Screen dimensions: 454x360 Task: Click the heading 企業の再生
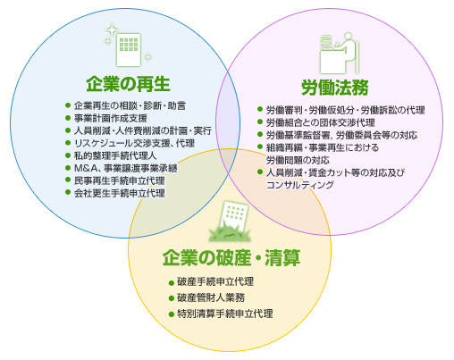click(128, 84)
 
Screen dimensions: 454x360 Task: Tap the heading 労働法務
click(335, 88)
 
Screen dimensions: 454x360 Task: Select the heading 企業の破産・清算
click(231, 258)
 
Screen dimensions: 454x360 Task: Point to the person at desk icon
click(340, 53)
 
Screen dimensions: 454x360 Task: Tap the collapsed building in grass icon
click(230, 222)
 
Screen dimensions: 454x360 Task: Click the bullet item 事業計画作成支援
click(110, 118)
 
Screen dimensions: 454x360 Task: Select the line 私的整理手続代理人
click(115, 155)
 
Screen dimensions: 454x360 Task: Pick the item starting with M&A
click(125, 168)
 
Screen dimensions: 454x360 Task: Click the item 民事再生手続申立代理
click(119, 180)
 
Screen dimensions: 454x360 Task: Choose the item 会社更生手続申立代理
click(119, 193)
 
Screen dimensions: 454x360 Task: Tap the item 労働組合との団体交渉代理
click(320, 122)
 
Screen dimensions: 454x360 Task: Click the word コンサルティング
click(299, 185)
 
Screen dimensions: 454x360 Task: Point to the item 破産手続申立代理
click(215, 281)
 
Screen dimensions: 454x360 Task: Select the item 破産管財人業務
click(211, 297)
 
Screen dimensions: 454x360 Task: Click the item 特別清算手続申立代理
click(225, 314)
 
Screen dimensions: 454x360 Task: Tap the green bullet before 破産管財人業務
click(171, 298)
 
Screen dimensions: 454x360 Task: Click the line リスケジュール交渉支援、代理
click(134, 143)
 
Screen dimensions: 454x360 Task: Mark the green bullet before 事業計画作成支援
click(68, 118)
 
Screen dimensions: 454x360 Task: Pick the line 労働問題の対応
click(298, 160)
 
